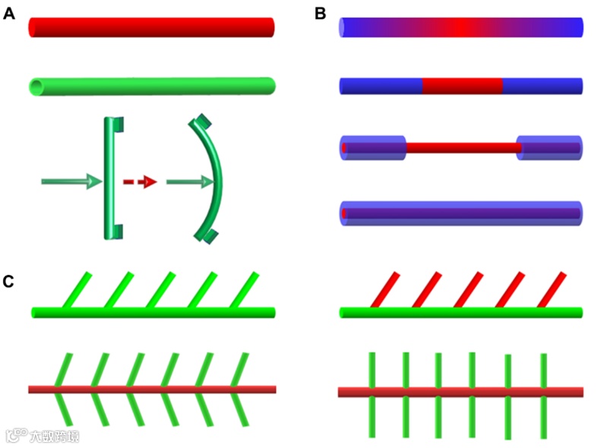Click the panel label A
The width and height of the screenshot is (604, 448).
click(x=9, y=13)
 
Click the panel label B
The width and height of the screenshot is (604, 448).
click(x=320, y=13)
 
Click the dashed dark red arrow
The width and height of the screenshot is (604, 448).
click(x=140, y=181)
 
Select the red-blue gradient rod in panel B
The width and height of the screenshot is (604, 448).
click(x=460, y=27)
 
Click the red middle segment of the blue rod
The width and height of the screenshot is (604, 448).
click(x=462, y=86)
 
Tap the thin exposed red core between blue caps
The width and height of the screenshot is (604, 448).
click(x=462, y=147)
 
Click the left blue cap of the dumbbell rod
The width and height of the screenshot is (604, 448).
click(x=372, y=147)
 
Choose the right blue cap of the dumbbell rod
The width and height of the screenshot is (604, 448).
click(x=549, y=147)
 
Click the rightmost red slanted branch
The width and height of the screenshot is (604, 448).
click(x=552, y=289)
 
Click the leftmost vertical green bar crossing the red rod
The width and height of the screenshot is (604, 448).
click(x=372, y=394)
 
